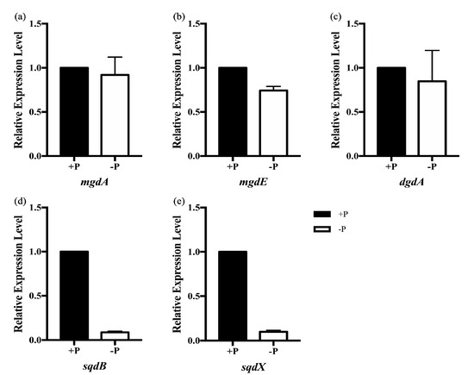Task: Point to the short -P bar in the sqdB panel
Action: click(114, 336)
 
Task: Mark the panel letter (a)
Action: click(15, 16)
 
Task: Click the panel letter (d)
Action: click(15, 201)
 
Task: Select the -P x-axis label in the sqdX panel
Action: click(272, 352)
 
